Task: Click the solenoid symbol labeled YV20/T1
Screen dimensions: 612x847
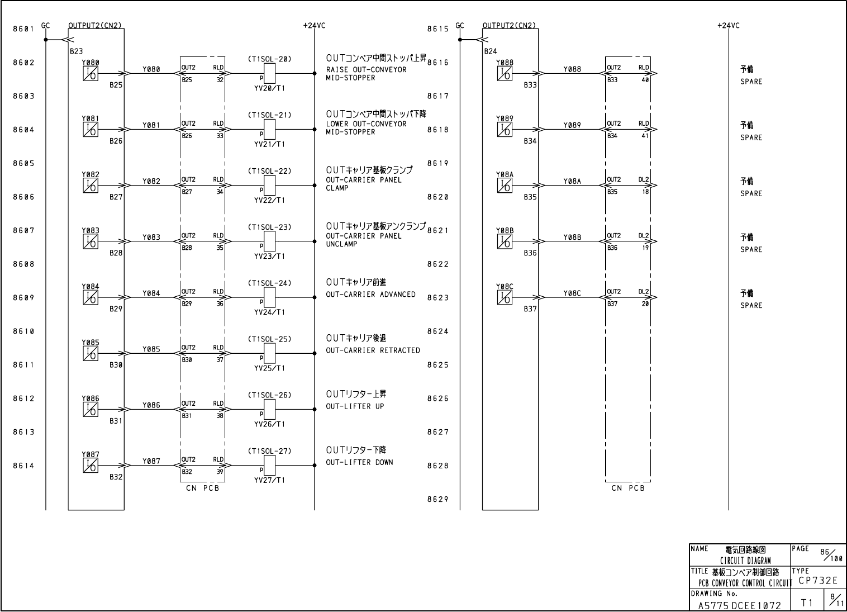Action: click(269, 73)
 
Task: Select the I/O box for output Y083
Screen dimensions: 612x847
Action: click(91, 241)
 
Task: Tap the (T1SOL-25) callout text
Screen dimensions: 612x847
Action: click(269, 339)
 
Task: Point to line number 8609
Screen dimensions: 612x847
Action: click(24, 298)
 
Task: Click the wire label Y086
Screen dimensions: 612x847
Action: click(151, 405)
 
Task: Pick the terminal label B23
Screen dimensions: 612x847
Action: click(77, 51)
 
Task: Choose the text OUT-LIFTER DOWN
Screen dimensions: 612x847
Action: click(359, 462)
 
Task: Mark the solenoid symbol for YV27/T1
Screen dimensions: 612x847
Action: click(269, 465)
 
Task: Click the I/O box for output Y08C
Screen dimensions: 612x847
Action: click(505, 297)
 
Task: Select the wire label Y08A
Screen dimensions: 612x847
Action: click(572, 181)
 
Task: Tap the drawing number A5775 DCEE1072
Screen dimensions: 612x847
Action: click(739, 605)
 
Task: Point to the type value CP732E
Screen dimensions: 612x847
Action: click(818, 581)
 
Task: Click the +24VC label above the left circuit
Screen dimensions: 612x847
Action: click(314, 26)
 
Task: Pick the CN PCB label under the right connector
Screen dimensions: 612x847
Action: click(628, 488)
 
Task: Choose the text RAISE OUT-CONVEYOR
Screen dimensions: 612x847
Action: click(366, 70)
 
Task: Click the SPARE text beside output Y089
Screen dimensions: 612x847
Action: click(751, 137)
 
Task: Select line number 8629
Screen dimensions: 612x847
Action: click(438, 500)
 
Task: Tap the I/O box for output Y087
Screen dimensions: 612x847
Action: click(91, 465)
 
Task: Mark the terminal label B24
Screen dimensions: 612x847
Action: click(491, 51)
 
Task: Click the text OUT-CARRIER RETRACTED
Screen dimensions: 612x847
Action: click(373, 350)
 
